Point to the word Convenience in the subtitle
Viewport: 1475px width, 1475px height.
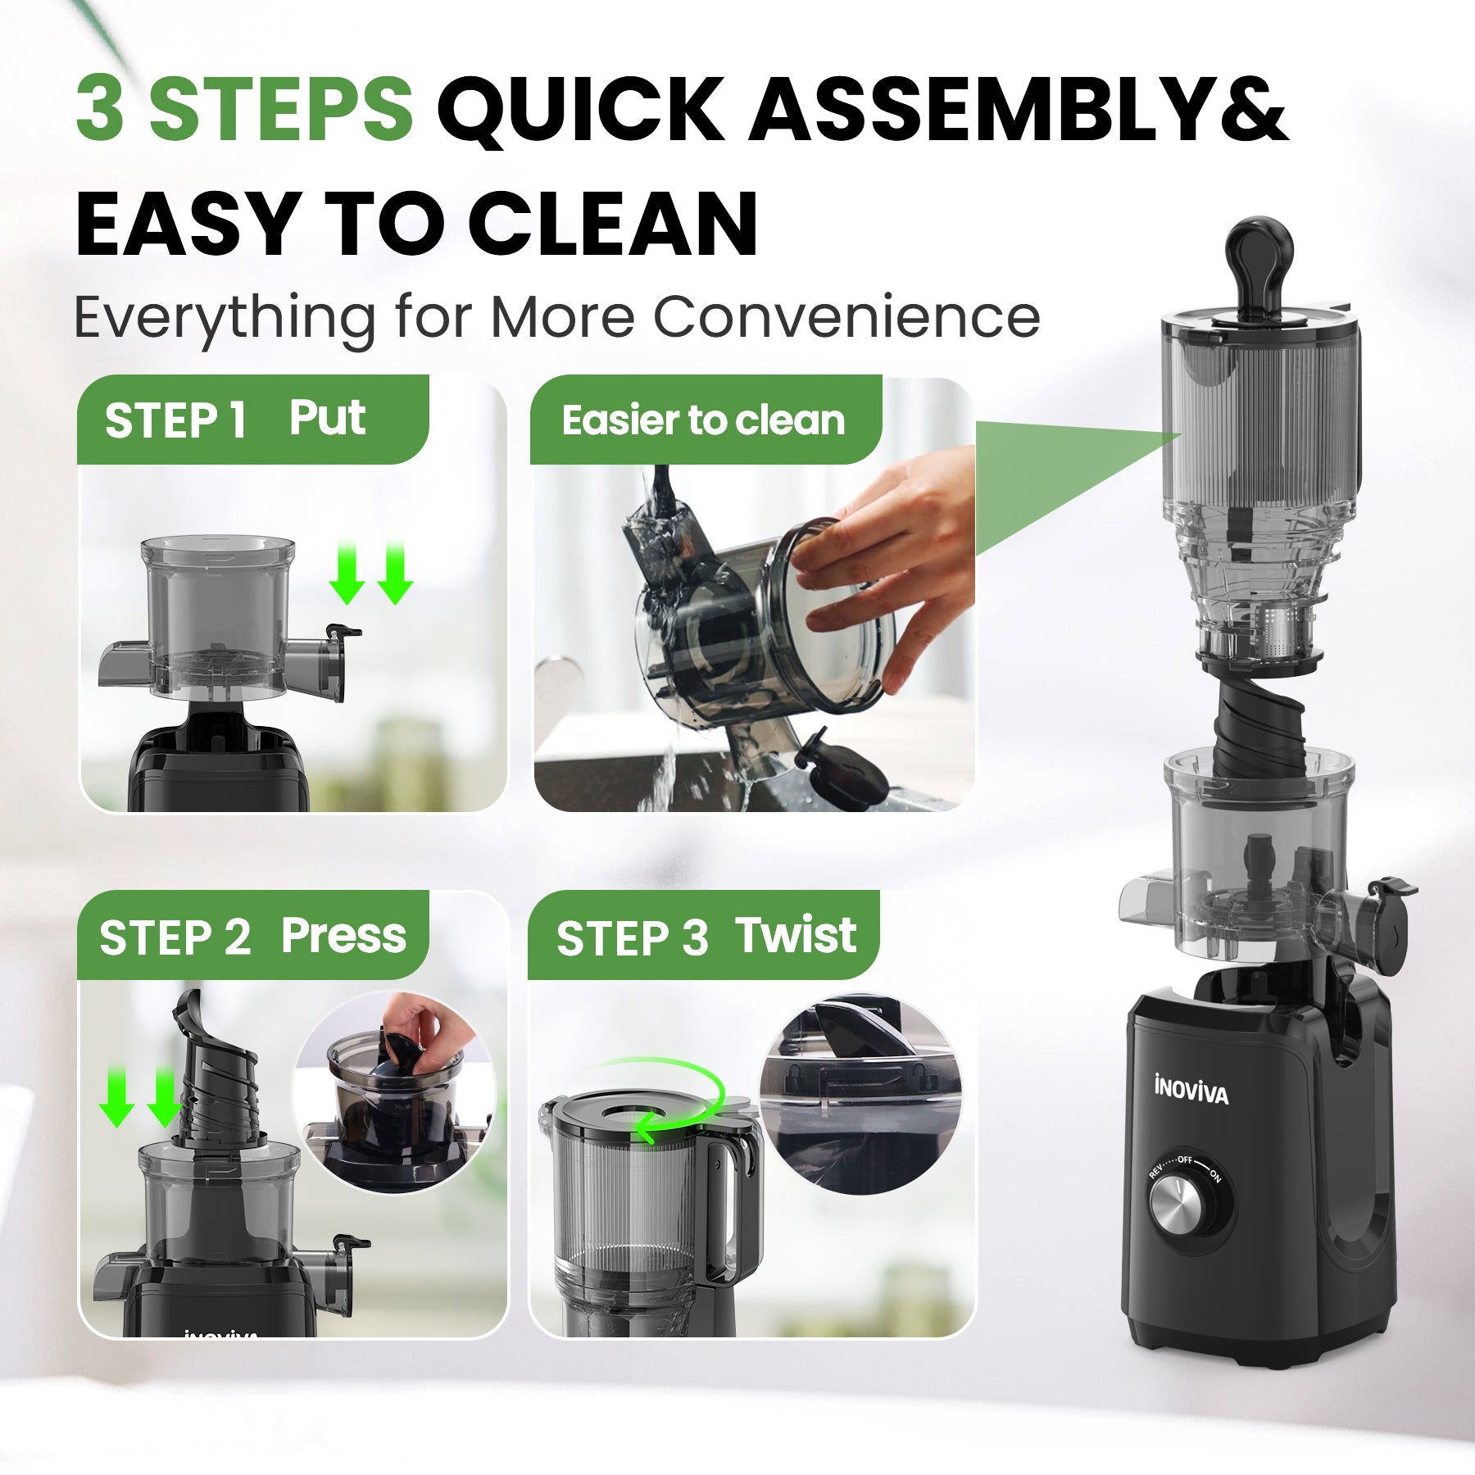click(x=846, y=317)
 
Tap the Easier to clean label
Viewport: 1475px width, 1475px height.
click(x=703, y=420)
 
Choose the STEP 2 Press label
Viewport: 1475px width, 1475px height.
click(x=252, y=936)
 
